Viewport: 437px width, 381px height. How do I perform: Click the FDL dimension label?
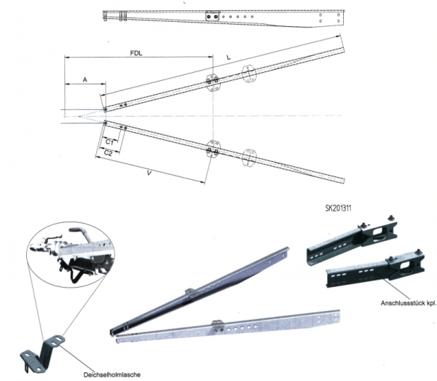[x=136, y=53]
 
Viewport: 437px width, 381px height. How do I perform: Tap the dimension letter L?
[x=229, y=58]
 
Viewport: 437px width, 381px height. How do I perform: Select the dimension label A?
[x=85, y=79]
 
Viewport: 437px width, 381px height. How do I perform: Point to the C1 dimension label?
[x=109, y=142]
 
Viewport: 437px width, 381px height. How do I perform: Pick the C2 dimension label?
[x=108, y=153]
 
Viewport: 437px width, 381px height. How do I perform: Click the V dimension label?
[x=149, y=173]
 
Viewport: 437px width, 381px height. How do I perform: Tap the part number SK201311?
[x=338, y=208]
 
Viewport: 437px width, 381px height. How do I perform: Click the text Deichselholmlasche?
[x=112, y=375]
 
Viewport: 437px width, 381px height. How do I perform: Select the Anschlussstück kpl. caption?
[x=409, y=303]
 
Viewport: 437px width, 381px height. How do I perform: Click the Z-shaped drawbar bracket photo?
[x=43, y=353]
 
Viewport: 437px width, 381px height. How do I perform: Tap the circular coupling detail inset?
[x=71, y=254]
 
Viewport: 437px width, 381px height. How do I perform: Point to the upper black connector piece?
[x=352, y=241]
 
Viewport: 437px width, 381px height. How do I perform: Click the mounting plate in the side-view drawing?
[x=213, y=16]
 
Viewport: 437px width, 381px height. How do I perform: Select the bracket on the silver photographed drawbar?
[x=217, y=326]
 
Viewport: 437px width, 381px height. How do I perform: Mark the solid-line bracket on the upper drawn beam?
[x=213, y=82]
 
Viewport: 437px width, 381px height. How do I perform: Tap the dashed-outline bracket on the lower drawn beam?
[x=249, y=158]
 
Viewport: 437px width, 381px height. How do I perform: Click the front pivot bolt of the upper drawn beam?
[x=105, y=110]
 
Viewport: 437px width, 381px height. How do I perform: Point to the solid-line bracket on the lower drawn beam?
[x=213, y=149]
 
